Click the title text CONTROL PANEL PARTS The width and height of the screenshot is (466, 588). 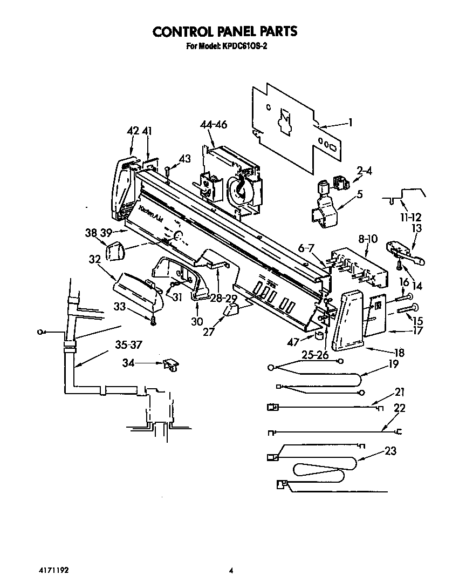[225, 31]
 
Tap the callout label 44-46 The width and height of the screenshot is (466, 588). [213, 125]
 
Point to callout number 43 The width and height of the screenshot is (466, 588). [184, 158]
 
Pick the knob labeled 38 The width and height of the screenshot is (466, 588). [114, 251]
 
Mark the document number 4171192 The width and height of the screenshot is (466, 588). [53, 570]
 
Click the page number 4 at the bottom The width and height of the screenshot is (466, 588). [231, 570]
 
